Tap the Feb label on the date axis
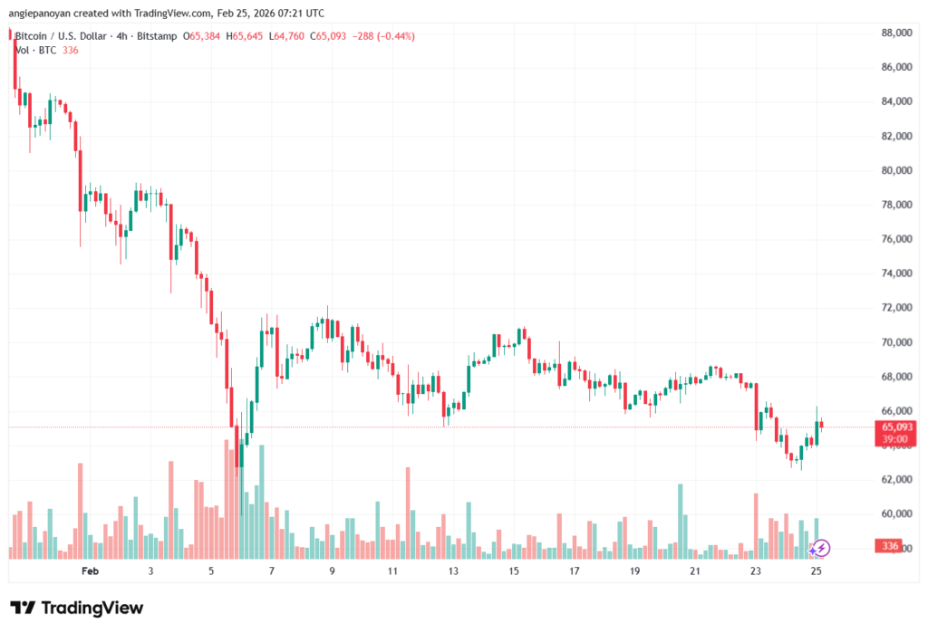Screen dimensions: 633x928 tap(89, 571)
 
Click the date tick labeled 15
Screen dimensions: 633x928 tap(514, 571)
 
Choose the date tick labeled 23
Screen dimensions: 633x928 tap(756, 571)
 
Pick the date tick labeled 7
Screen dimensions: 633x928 tap(272, 571)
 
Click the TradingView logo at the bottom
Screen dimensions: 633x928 tap(76, 608)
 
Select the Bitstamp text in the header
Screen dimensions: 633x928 tap(157, 36)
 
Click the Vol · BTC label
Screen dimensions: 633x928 tap(35, 50)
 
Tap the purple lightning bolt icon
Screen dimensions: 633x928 tap(820, 547)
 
